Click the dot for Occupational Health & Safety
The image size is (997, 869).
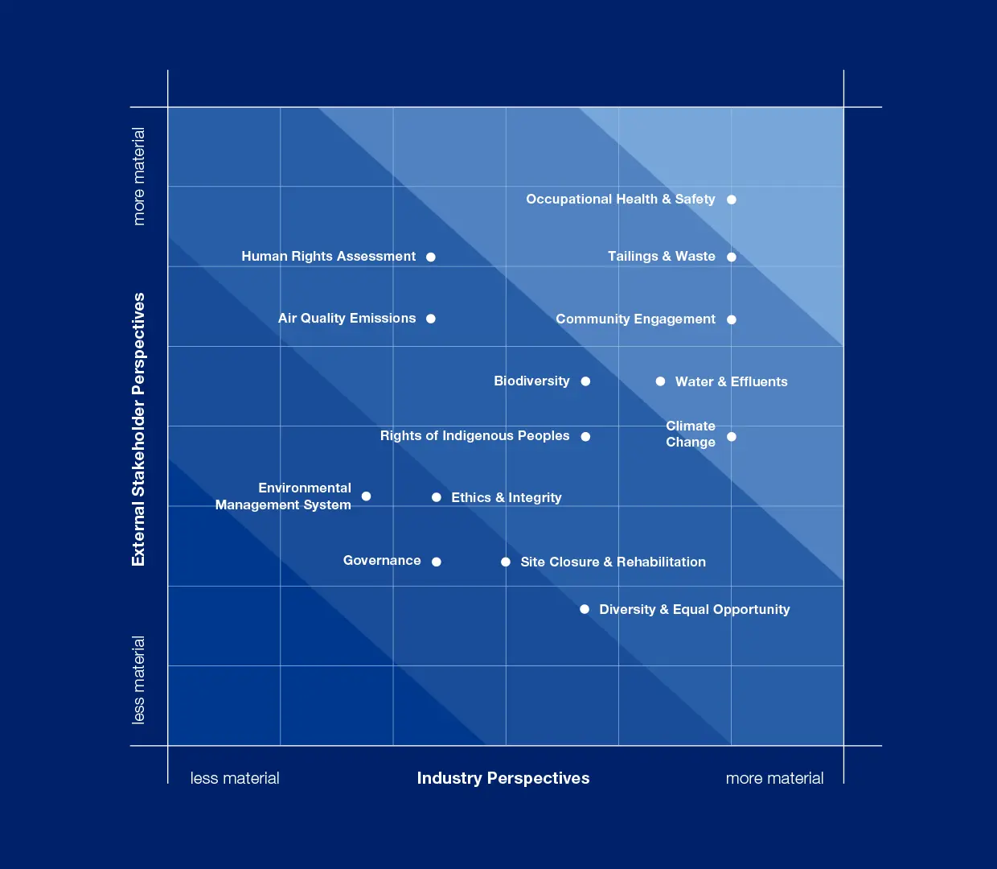click(x=732, y=200)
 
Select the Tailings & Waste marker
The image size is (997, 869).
click(x=732, y=257)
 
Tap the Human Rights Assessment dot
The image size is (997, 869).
click(x=431, y=257)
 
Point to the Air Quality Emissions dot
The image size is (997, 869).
click(x=431, y=319)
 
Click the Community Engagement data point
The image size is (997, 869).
click(x=732, y=319)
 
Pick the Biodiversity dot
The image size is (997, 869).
click(x=585, y=381)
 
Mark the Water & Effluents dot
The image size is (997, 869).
click(x=660, y=381)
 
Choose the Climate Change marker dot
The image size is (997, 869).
click(x=732, y=437)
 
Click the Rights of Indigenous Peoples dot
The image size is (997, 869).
click(x=585, y=437)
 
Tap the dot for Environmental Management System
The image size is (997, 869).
click(x=366, y=496)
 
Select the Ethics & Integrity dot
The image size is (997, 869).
click(x=436, y=497)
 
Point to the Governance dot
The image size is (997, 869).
click(x=436, y=562)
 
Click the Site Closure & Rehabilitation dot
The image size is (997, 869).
click(x=506, y=562)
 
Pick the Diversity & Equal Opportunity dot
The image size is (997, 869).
click(x=585, y=609)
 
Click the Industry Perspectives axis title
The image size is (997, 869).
click(x=503, y=778)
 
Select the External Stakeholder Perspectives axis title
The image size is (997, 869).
click(x=138, y=429)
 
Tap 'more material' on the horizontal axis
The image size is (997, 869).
click(x=774, y=778)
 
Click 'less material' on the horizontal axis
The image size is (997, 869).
click(x=235, y=778)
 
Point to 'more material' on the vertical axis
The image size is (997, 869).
click(x=138, y=176)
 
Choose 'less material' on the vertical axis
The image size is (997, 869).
click(x=138, y=680)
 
